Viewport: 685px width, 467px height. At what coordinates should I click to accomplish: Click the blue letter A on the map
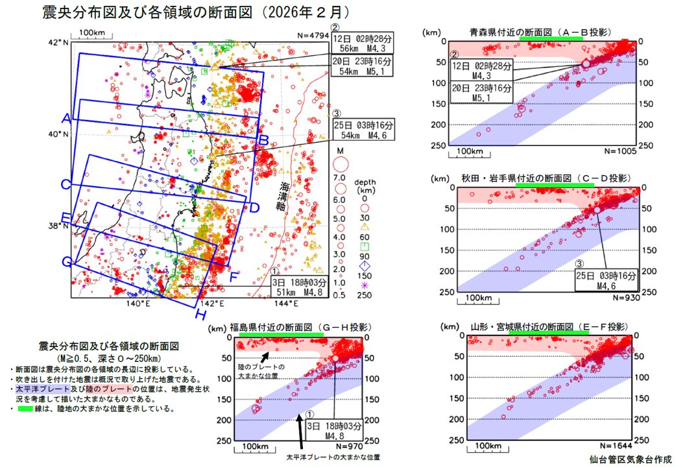click(66, 119)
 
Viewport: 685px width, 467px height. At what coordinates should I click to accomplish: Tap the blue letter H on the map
click(202, 315)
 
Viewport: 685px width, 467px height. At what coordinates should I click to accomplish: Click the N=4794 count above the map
click(309, 36)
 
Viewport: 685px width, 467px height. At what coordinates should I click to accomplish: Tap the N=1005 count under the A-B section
click(620, 150)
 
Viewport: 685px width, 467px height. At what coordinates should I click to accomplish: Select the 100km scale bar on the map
click(92, 35)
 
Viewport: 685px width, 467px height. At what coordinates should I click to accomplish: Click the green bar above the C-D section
click(555, 185)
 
